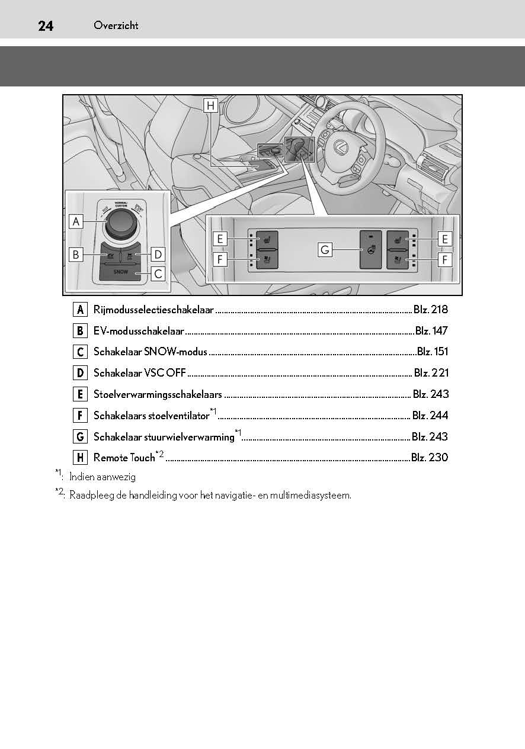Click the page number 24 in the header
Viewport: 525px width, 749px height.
tap(46, 25)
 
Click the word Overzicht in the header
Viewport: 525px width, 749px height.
tap(116, 25)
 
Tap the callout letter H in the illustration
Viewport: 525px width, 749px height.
tap(210, 106)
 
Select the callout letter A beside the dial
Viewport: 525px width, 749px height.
tap(76, 221)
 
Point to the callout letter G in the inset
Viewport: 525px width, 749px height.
tap(324, 250)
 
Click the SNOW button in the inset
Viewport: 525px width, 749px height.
tap(121, 272)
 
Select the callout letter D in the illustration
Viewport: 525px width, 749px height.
tap(158, 255)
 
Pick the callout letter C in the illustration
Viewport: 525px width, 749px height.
tap(158, 274)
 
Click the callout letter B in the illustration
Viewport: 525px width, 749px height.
tap(76, 255)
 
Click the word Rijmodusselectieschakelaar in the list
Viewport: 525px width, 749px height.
tap(153, 310)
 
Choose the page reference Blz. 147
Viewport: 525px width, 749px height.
tap(431, 331)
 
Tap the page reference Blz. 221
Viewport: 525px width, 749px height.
tap(431, 373)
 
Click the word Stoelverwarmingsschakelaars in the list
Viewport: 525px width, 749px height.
tap(158, 394)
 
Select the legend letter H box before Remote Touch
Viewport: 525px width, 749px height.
tap(80, 457)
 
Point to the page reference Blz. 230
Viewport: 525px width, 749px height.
tap(430, 457)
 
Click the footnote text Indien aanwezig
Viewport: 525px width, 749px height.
tap(102, 477)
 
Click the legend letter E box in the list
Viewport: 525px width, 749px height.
tap(80, 394)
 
